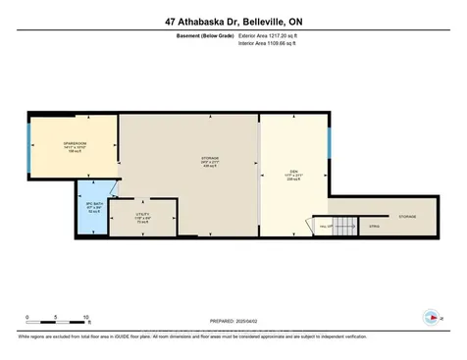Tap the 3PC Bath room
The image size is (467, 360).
[x=94, y=207]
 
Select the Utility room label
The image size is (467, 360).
[x=141, y=219]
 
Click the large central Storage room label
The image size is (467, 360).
[x=183, y=161]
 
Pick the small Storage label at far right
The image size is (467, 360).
[x=406, y=217]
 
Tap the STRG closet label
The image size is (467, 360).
[x=374, y=227]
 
